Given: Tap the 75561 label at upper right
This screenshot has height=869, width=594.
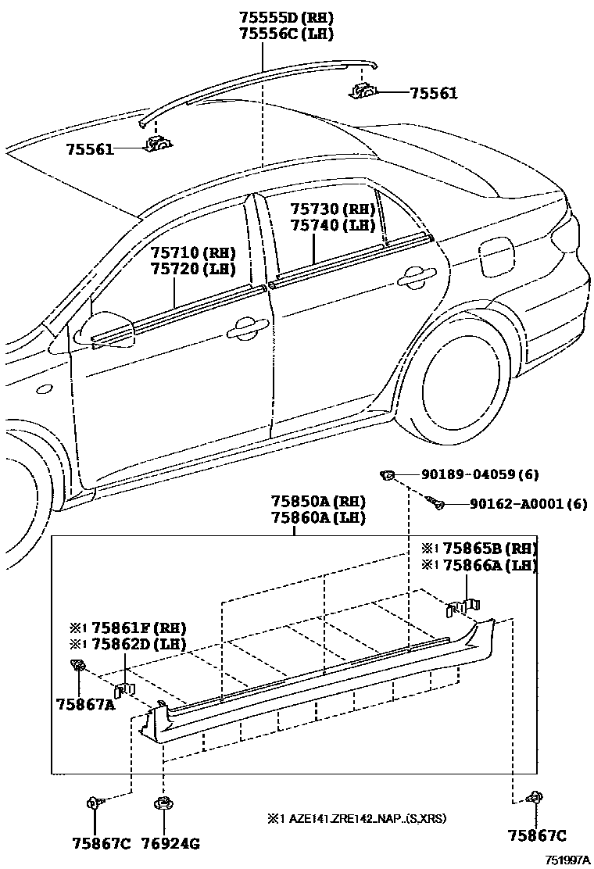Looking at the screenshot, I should [x=434, y=93].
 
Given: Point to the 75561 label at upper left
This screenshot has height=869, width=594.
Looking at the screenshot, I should [x=89, y=148].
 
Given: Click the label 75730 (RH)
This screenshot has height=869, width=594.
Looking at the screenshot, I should [x=333, y=209].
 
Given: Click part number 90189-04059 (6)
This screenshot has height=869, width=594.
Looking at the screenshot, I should [x=480, y=474].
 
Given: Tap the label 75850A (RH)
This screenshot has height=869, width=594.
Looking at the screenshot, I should [x=318, y=501].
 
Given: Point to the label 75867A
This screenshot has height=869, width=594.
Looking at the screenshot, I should [x=85, y=703].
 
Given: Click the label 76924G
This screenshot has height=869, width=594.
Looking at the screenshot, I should [x=171, y=842].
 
